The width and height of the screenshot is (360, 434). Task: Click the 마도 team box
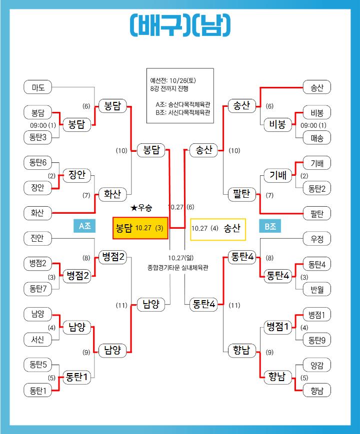[x=38, y=88]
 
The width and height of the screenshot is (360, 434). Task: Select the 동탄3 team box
[x=38, y=137]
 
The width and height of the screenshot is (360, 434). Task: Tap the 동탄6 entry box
[x=38, y=163]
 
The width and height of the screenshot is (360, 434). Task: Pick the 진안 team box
[x=38, y=239]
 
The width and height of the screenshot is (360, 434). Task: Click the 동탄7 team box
[x=38, y=288]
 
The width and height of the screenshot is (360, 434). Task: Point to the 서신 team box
[x=38, y=340]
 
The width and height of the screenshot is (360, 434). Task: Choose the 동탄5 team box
[x=38, y=365]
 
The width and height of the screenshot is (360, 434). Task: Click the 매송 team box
[x=317, y=137]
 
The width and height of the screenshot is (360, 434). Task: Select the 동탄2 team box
[x=317, y=188]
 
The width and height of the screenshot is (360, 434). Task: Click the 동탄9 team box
[x=317, y=340]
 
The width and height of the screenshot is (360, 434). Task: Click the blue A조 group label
[x=84, y=226]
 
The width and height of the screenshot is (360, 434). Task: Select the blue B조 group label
[x=270, y=226]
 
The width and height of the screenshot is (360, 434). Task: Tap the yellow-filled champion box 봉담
[x=140, y=228]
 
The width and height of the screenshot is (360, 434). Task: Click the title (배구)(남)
[x=180, y=24]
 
